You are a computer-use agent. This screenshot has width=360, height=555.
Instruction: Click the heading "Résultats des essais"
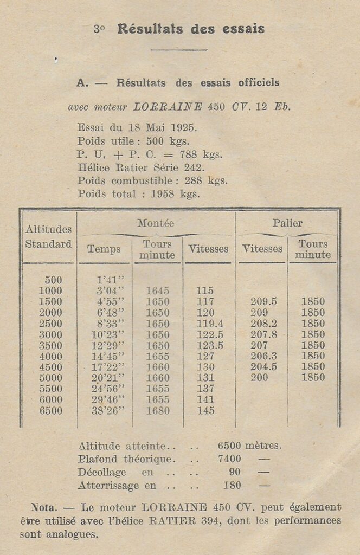point(191,29)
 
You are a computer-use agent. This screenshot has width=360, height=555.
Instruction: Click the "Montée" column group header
point(156,223)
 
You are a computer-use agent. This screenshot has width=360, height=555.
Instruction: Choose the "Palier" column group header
point(287,223)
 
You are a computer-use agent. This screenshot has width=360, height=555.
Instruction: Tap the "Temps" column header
point(104,249)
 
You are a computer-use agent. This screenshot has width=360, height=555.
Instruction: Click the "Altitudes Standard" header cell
point(49,237)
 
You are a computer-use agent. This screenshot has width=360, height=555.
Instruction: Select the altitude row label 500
point(53,280)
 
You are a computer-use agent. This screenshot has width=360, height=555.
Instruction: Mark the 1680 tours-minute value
point(157,411)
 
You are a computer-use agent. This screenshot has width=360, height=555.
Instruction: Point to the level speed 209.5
point(263,302)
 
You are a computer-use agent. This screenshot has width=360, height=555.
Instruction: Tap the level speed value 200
point(259,378)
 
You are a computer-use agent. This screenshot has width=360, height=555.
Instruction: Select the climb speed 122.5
point(207,334)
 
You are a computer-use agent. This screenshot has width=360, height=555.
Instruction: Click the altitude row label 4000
point(51,356)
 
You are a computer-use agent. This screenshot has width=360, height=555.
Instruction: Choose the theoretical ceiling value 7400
point(229,459)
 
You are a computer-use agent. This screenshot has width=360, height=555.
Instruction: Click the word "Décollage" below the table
point(102,472)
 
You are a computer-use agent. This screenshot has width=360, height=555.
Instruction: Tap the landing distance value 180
point(232,485)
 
